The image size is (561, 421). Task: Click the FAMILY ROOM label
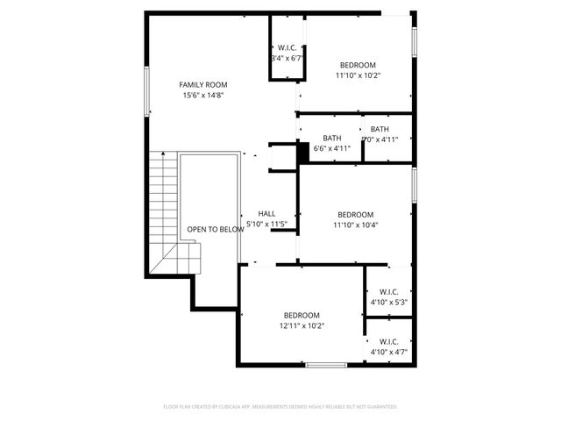[202, 85]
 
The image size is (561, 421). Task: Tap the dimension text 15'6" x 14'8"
[202, 96]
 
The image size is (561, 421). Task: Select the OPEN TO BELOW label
[215, 230]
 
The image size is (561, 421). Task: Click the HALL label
[266, 214]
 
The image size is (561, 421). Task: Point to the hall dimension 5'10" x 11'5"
[266, 225]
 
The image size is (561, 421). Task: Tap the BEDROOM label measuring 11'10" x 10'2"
[358, 65]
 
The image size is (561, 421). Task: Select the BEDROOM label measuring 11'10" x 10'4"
[356, 215]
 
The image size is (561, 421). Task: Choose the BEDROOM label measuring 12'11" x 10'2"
[302, 315]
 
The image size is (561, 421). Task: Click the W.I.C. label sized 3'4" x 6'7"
[287, 47]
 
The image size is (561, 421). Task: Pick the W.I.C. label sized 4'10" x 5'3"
[389, 291]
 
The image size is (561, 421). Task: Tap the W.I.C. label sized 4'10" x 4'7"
[389, 341]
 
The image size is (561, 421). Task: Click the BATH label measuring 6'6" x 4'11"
[332, 138]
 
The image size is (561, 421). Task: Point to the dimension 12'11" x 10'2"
[302, 326]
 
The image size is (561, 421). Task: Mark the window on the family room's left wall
[146, 89]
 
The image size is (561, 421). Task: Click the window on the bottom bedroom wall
[326, 364]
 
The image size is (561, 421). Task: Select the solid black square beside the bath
[303, 151]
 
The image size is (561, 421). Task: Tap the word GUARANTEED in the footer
[380, 407]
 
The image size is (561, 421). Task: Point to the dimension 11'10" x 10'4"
[356, 225]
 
